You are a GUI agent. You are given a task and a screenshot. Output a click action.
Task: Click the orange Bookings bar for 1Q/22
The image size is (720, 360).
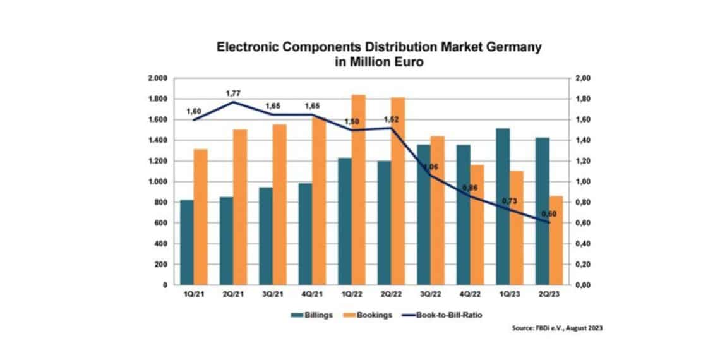(358, 189)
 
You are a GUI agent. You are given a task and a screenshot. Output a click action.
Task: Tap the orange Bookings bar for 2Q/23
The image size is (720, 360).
(556, 240)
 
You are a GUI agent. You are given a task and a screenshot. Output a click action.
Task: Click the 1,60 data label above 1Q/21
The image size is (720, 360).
(194, 111)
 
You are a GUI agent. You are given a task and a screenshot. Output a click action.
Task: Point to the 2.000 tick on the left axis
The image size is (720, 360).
(157, 78)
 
